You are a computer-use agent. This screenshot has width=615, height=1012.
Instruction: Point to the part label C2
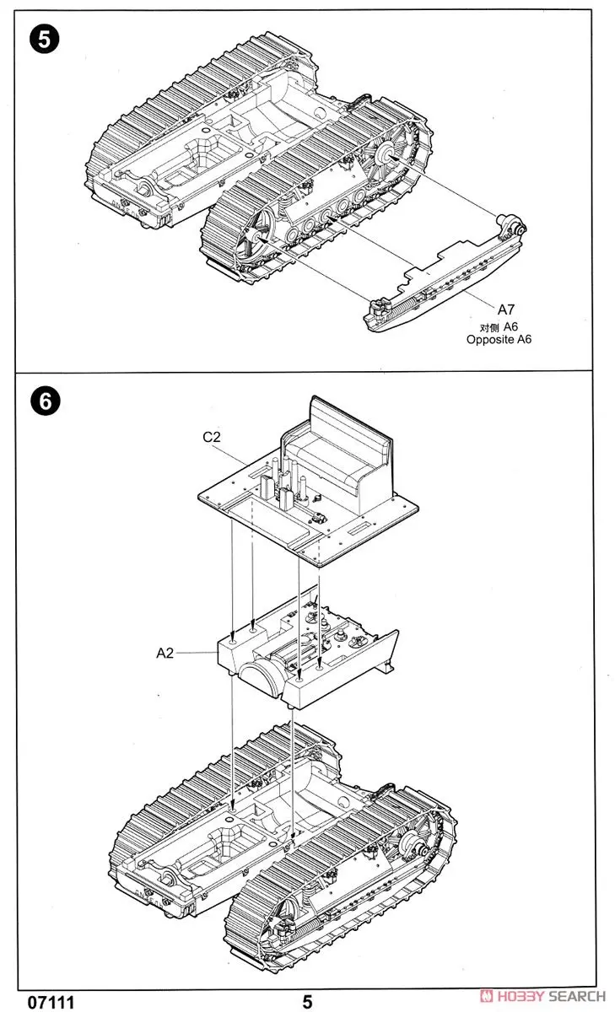tap(212, 437)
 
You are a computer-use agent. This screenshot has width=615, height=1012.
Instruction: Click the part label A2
tap(165, 651)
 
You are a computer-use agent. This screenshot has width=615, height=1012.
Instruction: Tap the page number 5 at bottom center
tap(307, 1001)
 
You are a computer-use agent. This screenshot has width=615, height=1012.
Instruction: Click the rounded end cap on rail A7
tap(512, 226)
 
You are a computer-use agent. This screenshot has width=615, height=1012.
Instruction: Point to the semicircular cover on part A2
tap(259, 677)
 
